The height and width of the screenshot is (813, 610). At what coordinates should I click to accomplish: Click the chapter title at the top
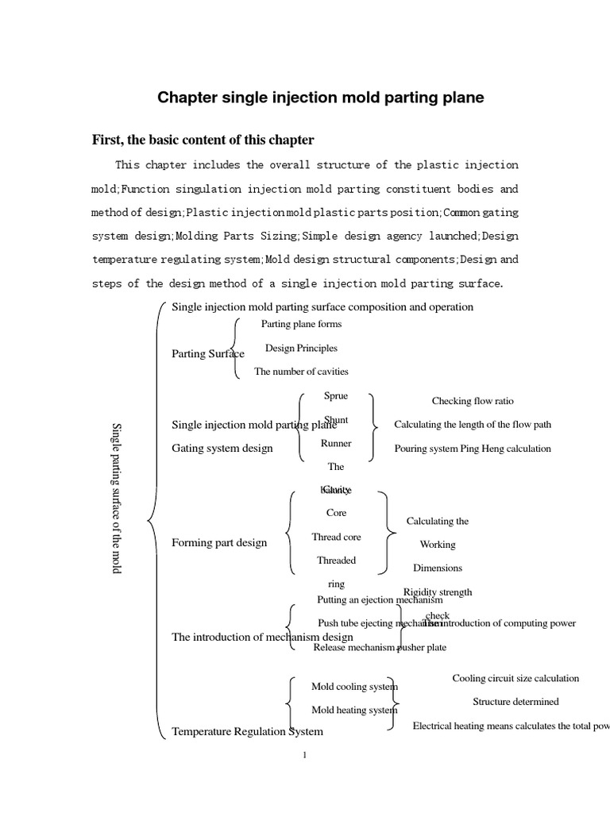[x=320, y=98]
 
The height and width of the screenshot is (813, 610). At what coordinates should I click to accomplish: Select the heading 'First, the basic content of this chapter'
[x=203, y=141]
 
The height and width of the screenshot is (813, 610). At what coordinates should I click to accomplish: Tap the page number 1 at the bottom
[x=305, y=755]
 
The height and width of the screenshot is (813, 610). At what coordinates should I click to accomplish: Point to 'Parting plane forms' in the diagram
[x=301, y=324]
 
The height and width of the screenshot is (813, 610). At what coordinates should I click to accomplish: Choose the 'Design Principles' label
[x=301, y=348]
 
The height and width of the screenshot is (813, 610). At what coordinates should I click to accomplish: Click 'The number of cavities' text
[x=301, y=371]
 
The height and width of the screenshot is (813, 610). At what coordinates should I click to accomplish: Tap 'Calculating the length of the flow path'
[x=473, y=425]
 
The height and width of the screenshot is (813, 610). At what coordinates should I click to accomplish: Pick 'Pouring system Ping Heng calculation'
[x=473, y=449]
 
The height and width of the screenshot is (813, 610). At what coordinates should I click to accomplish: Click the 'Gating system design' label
[x=222, y=449]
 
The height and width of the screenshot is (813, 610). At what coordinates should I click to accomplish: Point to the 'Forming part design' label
[x=219, y=543]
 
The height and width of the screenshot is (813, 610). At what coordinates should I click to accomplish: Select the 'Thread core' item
[x=336, y=538]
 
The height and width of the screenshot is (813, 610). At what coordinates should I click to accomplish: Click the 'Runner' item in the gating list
[x=336, y=444]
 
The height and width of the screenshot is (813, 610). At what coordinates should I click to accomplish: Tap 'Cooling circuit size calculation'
[x=515, y=678]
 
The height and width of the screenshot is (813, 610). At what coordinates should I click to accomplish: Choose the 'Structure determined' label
[x=515, y=702]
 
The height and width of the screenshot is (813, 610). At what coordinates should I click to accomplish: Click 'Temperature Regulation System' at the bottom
[x=247, y=732]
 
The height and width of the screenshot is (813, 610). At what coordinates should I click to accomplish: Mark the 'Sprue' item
[x=336, y=395]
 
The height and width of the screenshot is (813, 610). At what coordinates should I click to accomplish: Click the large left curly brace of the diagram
[x=154, y=520]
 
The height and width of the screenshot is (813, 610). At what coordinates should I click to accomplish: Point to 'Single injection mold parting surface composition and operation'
[x=322, y=307]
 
